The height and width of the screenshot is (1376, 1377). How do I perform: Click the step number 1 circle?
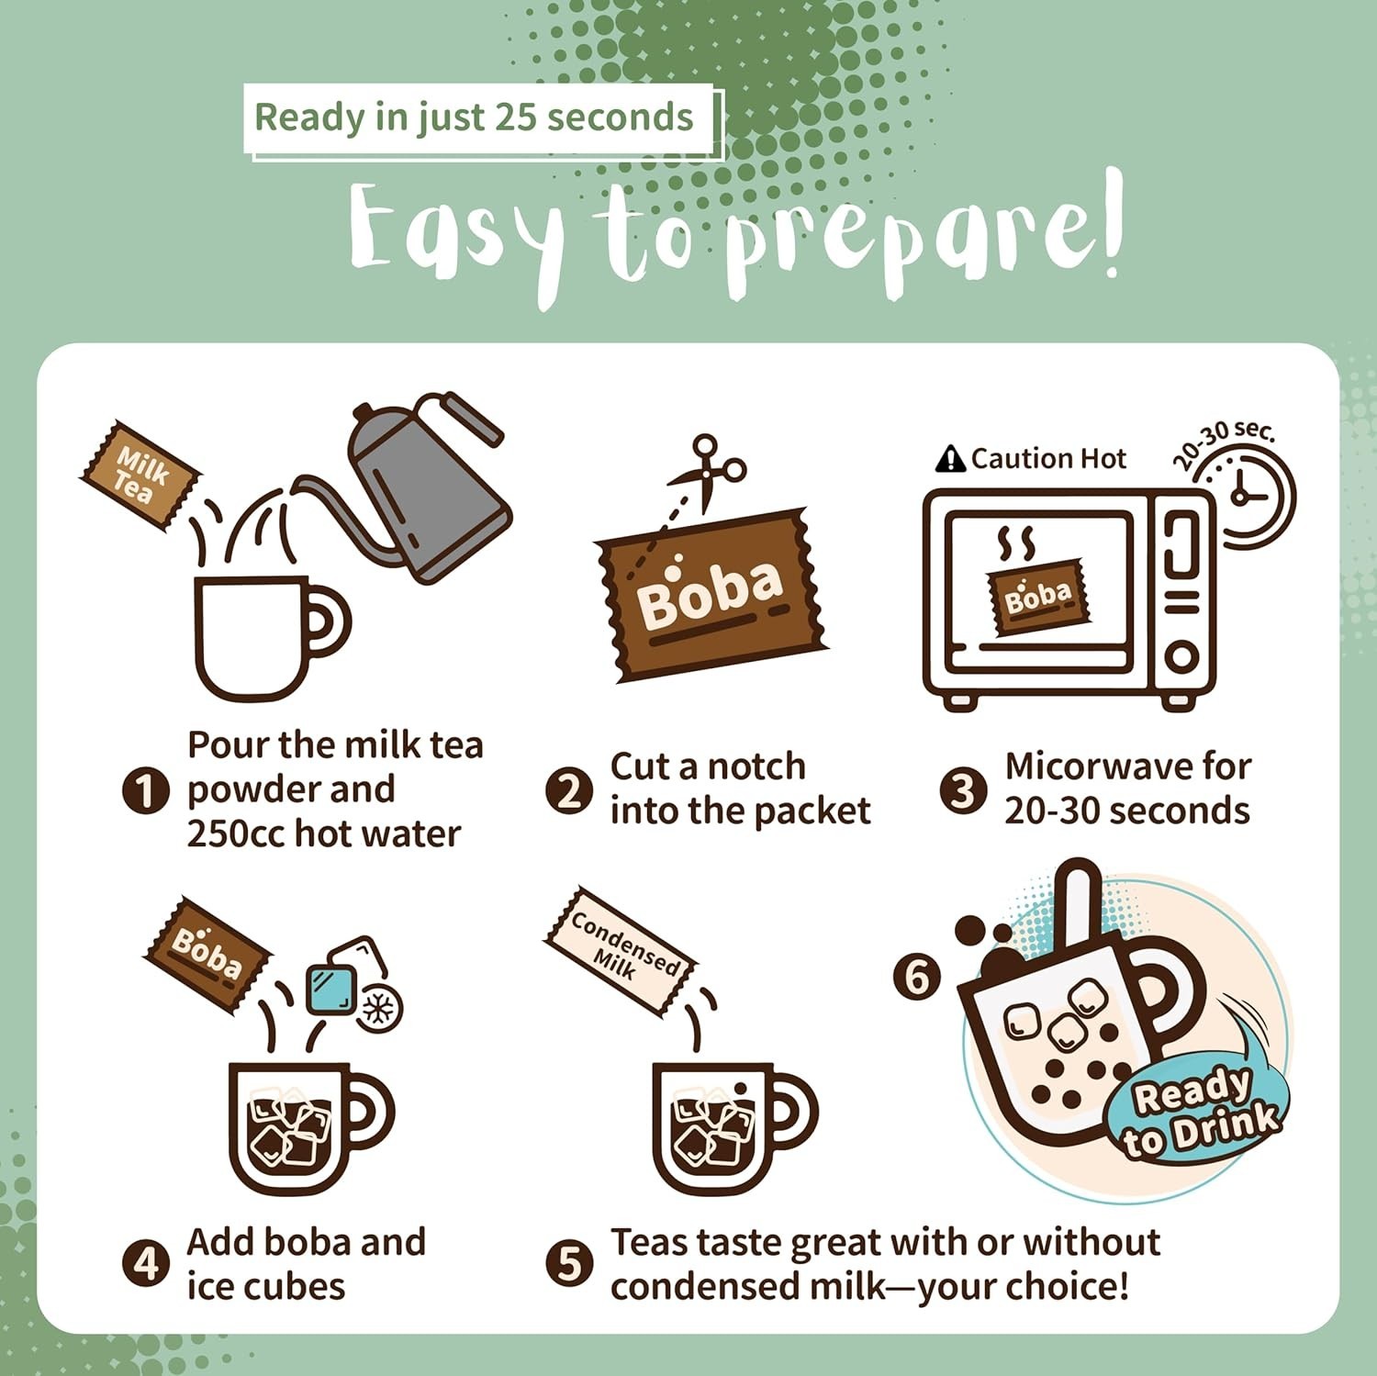[145, 790]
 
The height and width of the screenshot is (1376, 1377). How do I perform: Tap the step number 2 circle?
[569, 790]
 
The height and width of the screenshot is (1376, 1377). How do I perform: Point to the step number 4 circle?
[145, 1264]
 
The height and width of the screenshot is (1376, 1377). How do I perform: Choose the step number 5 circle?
[569, 1264]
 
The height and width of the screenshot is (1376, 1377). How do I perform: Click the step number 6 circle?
[917, 977]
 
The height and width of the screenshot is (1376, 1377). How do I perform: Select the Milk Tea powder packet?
[141, 475]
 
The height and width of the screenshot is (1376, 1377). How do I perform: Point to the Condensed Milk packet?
[621, 951]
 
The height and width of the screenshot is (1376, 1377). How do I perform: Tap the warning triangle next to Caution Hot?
[950, 458]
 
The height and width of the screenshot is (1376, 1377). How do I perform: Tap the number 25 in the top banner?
[516, 117]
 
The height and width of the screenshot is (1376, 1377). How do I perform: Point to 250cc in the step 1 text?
[235, 834]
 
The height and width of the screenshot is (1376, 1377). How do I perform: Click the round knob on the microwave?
[1181, 657]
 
